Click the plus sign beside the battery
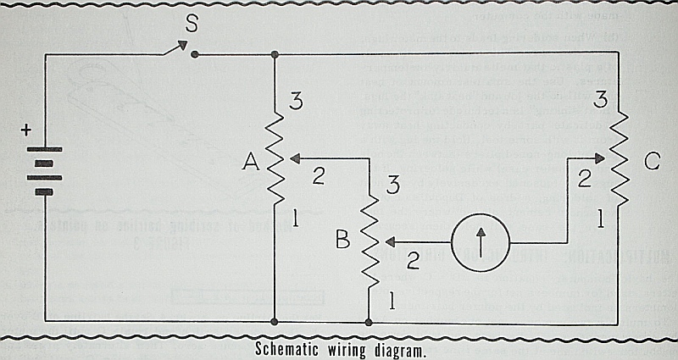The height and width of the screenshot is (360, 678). tap(26, 130)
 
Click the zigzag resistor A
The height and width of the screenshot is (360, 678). tap(275, 158)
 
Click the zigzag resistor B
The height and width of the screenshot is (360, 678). tap(370, 242)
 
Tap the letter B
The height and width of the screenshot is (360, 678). tap(342, 241)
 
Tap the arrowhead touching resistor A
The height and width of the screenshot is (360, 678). tap(289, 157)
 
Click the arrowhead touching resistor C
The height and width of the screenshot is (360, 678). tap(603, 157)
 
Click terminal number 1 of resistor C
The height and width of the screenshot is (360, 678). tap(601, 220)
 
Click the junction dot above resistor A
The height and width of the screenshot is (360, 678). tap(275, 54)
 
